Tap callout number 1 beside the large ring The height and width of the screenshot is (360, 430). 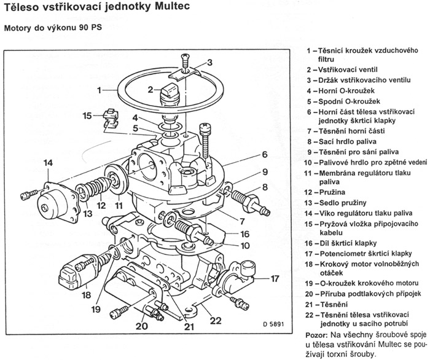pyautogui.click(x=99, y=90)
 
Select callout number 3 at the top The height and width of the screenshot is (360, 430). pyautogui.click(x=209, y=61)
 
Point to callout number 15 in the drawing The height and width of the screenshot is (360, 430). pyautogui.click(x=88, y=115)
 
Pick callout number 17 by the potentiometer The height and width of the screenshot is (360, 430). pyautogui.click(x=275, y=278)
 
